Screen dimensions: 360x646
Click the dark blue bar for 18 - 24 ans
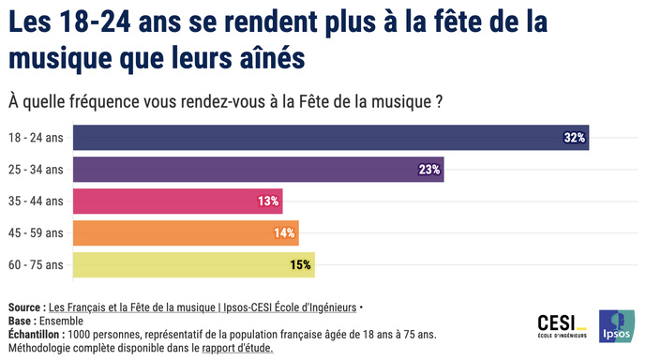pos(330,137)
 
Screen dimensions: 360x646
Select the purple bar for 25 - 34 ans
pos(258,169)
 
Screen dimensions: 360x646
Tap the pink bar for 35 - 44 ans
pos(177,201)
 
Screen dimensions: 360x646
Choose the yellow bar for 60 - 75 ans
pos(193,265)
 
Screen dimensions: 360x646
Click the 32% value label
pos(574,138)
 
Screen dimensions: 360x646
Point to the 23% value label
pos(429,170)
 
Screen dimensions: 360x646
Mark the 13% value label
pos(268,202)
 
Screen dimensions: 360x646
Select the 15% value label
pos(300,265)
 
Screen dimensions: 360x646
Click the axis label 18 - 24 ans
pos(36,138)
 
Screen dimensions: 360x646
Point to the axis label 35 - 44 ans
pos(36,202)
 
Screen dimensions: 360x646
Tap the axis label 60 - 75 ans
pos(36,265)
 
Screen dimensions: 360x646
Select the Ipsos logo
pos(615,325)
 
